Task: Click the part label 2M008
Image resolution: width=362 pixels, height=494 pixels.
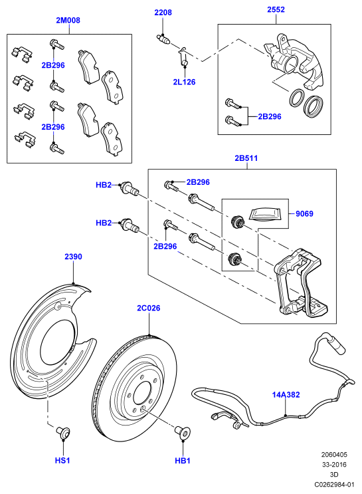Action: (68, 20)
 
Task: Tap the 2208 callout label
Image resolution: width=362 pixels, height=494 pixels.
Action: (163, 12)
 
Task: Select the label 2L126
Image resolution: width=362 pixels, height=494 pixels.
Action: (184, 82)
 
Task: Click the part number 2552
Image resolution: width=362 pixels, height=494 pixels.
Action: (276, 9)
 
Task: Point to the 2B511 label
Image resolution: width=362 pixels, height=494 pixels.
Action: (246, 158)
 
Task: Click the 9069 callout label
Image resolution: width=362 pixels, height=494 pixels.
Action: (304, 213)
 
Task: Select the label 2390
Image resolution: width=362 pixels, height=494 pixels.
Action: (73, 257)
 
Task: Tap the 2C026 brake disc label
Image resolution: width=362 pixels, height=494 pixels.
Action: (149, 308)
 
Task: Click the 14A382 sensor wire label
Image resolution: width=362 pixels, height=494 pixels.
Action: (286, 394)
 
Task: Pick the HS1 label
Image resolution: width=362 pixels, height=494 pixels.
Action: (62, 460)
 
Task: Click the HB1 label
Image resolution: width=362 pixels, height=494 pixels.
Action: (183, 460)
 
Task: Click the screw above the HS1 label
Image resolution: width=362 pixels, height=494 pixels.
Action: (63, 432)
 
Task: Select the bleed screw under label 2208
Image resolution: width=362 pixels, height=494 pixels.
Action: (163, 39)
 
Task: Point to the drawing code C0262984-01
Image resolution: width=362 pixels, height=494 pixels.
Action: (333, 484)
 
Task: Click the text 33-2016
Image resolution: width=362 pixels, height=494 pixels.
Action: (334, 464)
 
